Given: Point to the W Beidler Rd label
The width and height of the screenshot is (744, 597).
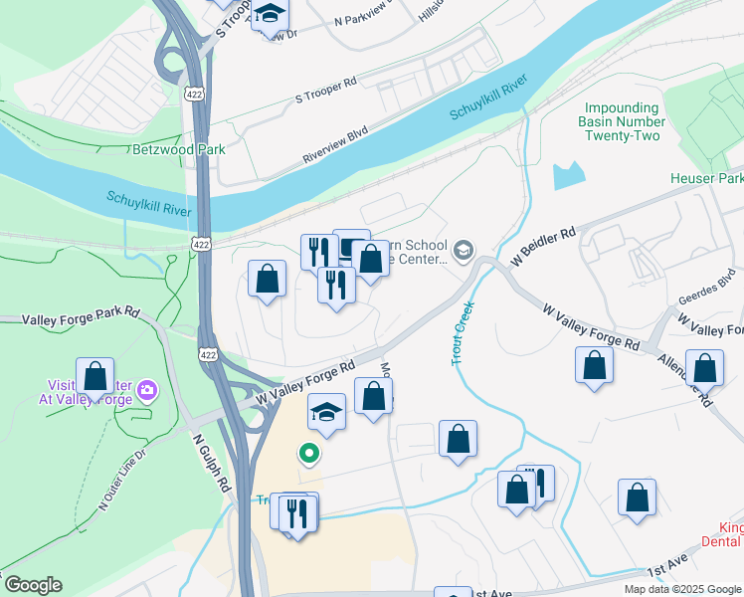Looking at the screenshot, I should (x=543, y=248).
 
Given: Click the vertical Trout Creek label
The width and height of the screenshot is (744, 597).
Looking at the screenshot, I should (x=464, y=334).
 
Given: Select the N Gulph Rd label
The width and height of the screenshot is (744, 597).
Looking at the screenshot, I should (x=210, y=464).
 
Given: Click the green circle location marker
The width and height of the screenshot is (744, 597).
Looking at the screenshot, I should (x=309, y=454).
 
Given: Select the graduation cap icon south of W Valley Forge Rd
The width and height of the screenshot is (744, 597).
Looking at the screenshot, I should (x=326, y=411).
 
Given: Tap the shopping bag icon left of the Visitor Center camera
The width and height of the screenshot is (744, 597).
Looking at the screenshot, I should (x=94, y=377).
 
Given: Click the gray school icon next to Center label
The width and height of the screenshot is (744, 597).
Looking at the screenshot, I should (x=463, y=250).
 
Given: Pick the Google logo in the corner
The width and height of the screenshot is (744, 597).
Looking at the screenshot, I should (x=33, y=585).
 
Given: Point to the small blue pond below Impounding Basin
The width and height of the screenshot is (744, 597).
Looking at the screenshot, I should (x=568, y=175).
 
